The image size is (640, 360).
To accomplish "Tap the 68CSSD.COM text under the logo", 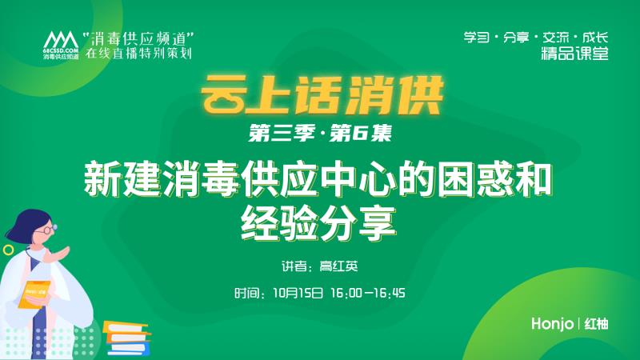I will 57,52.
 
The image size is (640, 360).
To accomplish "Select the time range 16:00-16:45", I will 367,292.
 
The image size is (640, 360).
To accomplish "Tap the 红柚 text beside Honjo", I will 596,324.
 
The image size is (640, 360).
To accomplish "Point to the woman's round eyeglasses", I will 45,229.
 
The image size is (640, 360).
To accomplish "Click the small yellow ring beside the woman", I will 8,250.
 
